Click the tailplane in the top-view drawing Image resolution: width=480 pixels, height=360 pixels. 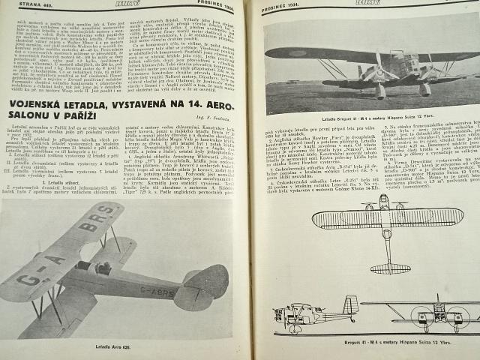coord(390,267)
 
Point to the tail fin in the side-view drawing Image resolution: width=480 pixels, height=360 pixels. coord(350,304)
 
